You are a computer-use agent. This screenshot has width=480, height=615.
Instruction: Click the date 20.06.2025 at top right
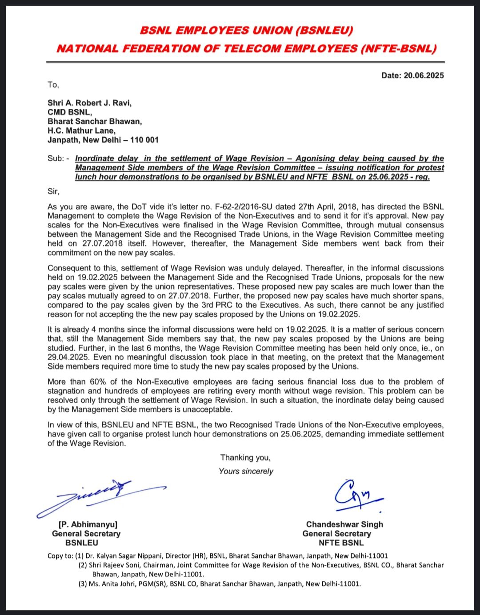click(424, 75)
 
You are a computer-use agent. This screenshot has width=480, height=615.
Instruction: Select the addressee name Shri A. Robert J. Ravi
click(89, 103)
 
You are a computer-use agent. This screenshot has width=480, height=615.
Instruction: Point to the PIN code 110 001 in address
click(144, 140)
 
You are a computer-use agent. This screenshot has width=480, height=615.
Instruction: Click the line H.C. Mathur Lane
click(81, 131)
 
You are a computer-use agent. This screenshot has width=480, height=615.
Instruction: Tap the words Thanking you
click(245, 457)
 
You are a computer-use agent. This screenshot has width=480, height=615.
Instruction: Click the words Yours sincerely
click(246, 471)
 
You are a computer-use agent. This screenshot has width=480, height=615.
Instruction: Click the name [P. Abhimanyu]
click(88, 524)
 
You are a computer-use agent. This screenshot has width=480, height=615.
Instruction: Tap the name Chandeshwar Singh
click(344, 524)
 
